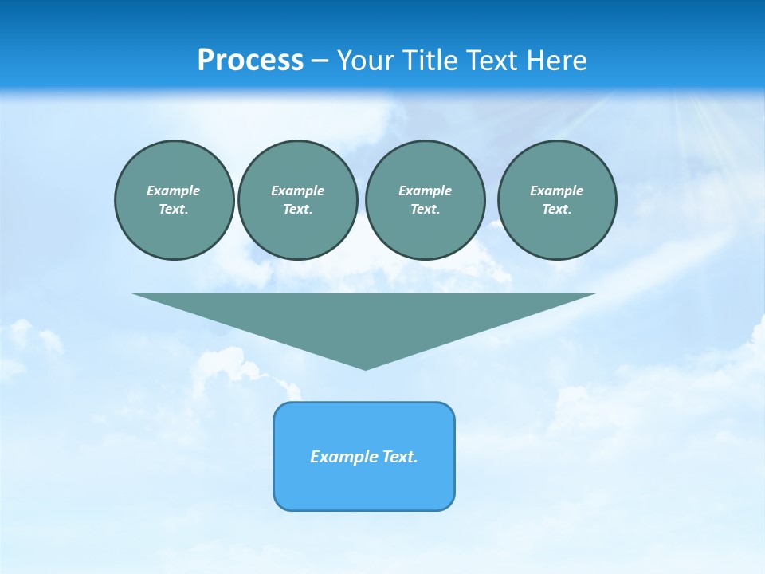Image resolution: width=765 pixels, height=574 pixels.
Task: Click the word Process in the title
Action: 250,61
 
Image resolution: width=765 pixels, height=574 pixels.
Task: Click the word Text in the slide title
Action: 493,61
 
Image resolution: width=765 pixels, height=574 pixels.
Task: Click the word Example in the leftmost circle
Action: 174,191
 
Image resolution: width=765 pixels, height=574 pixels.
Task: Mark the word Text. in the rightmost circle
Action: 556,209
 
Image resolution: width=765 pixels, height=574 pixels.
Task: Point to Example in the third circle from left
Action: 425,191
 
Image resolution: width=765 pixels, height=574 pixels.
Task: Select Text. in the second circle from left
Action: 297,209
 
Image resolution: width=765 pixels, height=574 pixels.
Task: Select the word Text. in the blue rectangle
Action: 399,457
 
